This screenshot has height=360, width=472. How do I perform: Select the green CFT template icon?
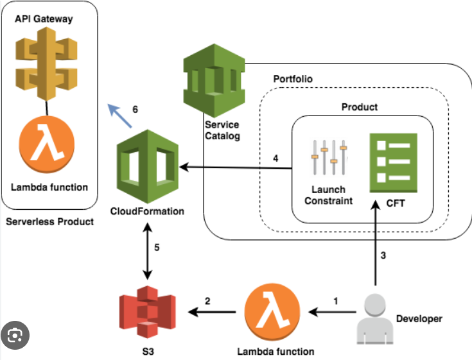point(392,162)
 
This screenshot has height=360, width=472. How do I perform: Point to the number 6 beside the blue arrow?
point(135,109)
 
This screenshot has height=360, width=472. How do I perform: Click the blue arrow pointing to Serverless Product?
point(119,114)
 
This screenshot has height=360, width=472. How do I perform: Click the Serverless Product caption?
point(49,222)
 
